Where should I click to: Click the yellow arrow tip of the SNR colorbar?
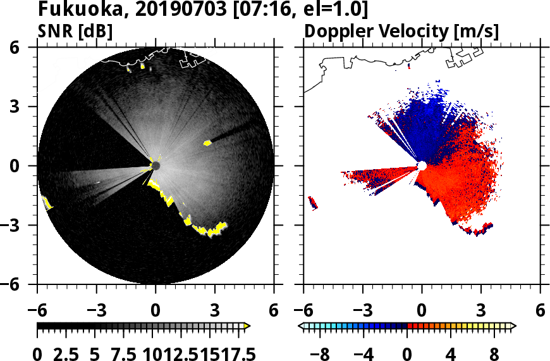click(x=247, y=326)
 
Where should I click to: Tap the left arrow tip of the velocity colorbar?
click(x=302, y=326)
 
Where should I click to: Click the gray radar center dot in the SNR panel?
click(x=156, y=166)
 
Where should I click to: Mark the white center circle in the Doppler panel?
click(x=422, y=166)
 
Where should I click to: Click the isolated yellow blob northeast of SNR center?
click(x=207, y=143)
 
